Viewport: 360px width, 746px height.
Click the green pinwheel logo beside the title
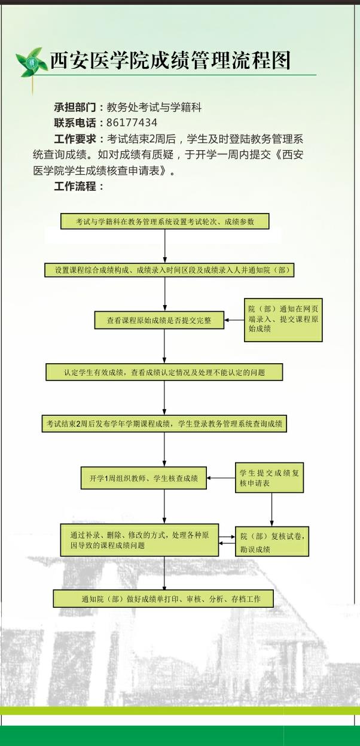(30, 62)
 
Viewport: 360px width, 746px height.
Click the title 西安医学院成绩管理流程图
(170, 60)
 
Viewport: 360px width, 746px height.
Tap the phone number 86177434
(132, 123)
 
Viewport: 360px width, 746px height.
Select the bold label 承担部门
(75, 107)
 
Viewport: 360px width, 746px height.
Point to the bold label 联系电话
(75, 123)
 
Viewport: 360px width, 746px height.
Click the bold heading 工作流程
(75, 186)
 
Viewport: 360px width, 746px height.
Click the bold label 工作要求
(75, 139)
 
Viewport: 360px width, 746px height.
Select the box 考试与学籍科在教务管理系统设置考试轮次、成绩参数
(165, 221)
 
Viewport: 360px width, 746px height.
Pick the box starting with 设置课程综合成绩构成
(169, 270)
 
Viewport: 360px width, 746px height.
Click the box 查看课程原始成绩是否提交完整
(159, 321)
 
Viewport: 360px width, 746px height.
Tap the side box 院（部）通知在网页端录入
(283, 320)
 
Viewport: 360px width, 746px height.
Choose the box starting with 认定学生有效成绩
(164, 372)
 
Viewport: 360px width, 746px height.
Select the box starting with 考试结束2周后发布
(164, 424)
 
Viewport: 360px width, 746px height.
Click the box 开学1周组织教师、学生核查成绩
(144, 478)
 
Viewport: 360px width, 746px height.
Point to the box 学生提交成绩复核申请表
(270, 477)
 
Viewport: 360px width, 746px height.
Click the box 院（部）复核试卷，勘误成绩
(272, 541)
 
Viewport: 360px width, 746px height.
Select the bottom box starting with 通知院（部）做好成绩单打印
(163, 599)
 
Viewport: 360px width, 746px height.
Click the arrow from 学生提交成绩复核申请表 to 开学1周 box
(221, 478)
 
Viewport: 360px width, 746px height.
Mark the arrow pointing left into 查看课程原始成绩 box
(234, 320)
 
